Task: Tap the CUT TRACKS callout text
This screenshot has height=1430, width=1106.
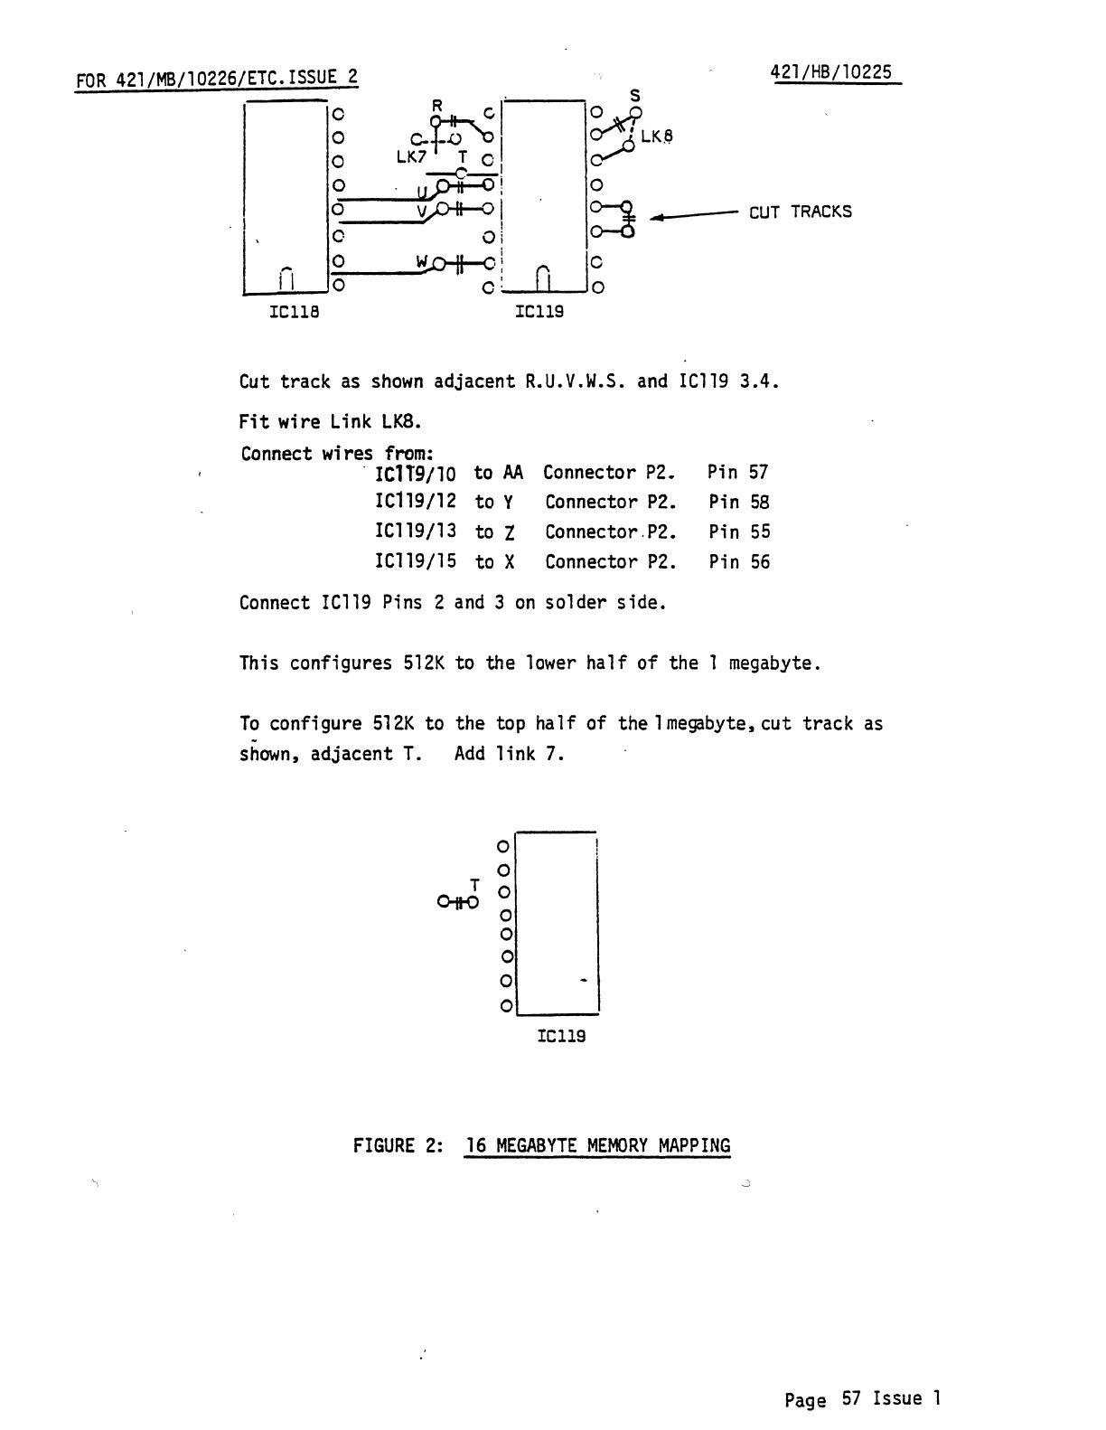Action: tap(800, 212)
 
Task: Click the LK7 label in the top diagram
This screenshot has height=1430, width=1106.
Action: tap(410, 156)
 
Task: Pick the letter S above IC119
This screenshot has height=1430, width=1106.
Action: tap(634, 95)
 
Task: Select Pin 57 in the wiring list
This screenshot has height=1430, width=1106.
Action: tap(738, 472)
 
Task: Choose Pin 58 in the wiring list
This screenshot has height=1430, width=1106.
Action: tap(738, 502)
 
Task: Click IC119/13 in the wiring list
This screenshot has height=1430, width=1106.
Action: tap(416, 532)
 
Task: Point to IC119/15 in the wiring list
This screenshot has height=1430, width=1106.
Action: tap(416, 561)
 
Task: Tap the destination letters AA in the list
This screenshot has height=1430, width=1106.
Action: tap(512, 472)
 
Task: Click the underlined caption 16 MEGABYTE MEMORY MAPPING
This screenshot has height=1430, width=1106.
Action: tap(597, 1146)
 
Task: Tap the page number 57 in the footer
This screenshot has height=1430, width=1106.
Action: tap(851, 1398)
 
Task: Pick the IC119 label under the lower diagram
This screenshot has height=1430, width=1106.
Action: tap(561, 1036)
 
